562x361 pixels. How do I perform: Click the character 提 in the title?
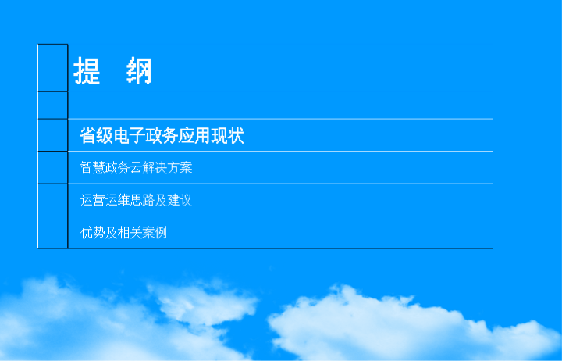87,70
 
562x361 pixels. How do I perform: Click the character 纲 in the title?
139,70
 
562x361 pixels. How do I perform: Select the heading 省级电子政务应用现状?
162,135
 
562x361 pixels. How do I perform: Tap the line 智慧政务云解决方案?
136,167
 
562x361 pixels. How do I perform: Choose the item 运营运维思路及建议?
136,200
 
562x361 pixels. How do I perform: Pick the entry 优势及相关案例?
123,233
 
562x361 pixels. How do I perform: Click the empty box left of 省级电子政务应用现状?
53,135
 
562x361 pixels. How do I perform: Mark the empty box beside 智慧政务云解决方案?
53,167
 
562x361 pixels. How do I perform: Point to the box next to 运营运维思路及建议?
53,200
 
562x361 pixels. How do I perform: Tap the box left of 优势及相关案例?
53,232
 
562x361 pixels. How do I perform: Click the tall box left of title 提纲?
53,68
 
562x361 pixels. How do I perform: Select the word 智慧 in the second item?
92,167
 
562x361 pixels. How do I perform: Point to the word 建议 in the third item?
180,200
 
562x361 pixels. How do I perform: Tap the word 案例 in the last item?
155,233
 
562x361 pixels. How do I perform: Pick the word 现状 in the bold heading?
228,135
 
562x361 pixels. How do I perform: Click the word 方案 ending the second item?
180,167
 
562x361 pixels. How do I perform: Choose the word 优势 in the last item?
92,233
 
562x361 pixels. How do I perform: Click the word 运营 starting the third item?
92,200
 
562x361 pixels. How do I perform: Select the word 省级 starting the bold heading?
96,135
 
